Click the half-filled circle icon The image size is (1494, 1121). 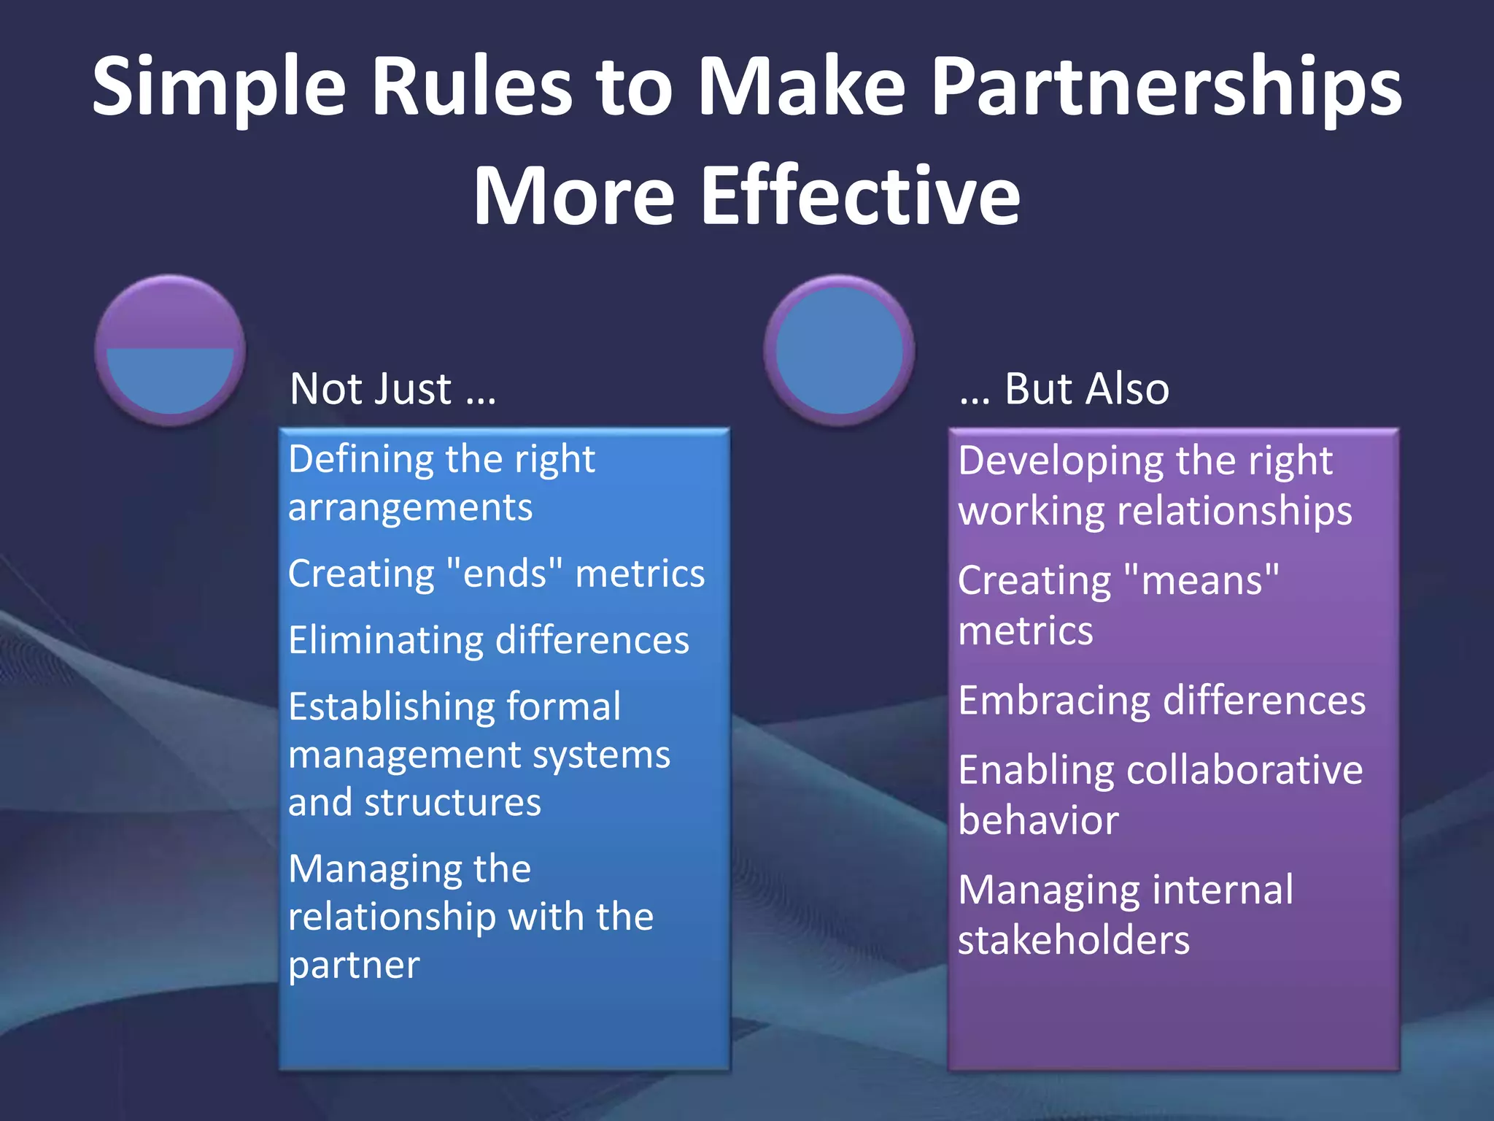tap(170, 350)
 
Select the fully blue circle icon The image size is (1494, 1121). tap(839, 350)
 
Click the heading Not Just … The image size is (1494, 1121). tap(392, 388)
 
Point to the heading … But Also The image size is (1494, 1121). tap(1064, 388)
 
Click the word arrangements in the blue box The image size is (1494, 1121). tap(410, 508)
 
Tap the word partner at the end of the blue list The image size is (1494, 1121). tap(354, 965)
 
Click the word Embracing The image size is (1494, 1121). tap(1055, 701)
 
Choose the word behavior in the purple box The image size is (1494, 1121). tap(1038, 820)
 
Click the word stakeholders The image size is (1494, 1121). tap(1074, 939)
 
